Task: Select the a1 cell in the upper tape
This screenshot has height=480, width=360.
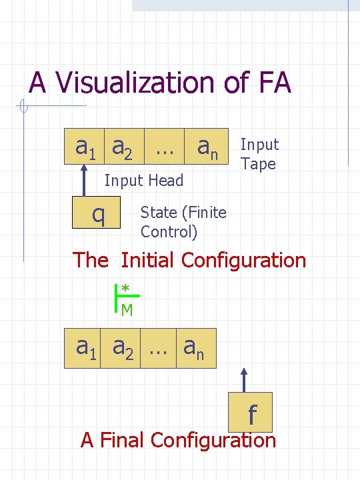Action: tap(84, 146)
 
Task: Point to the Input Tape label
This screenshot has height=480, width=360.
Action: tap(259, 154)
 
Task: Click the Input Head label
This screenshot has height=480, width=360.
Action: tap(143, 180)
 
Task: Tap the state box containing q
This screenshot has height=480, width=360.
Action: tap(97, 214)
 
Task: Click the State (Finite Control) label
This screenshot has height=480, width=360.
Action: tap(183, 222)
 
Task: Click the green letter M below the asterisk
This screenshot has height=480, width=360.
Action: tap(126, 309)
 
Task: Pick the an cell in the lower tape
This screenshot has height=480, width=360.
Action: tap(197, 348)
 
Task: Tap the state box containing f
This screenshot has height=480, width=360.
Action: tap(251, 414)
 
